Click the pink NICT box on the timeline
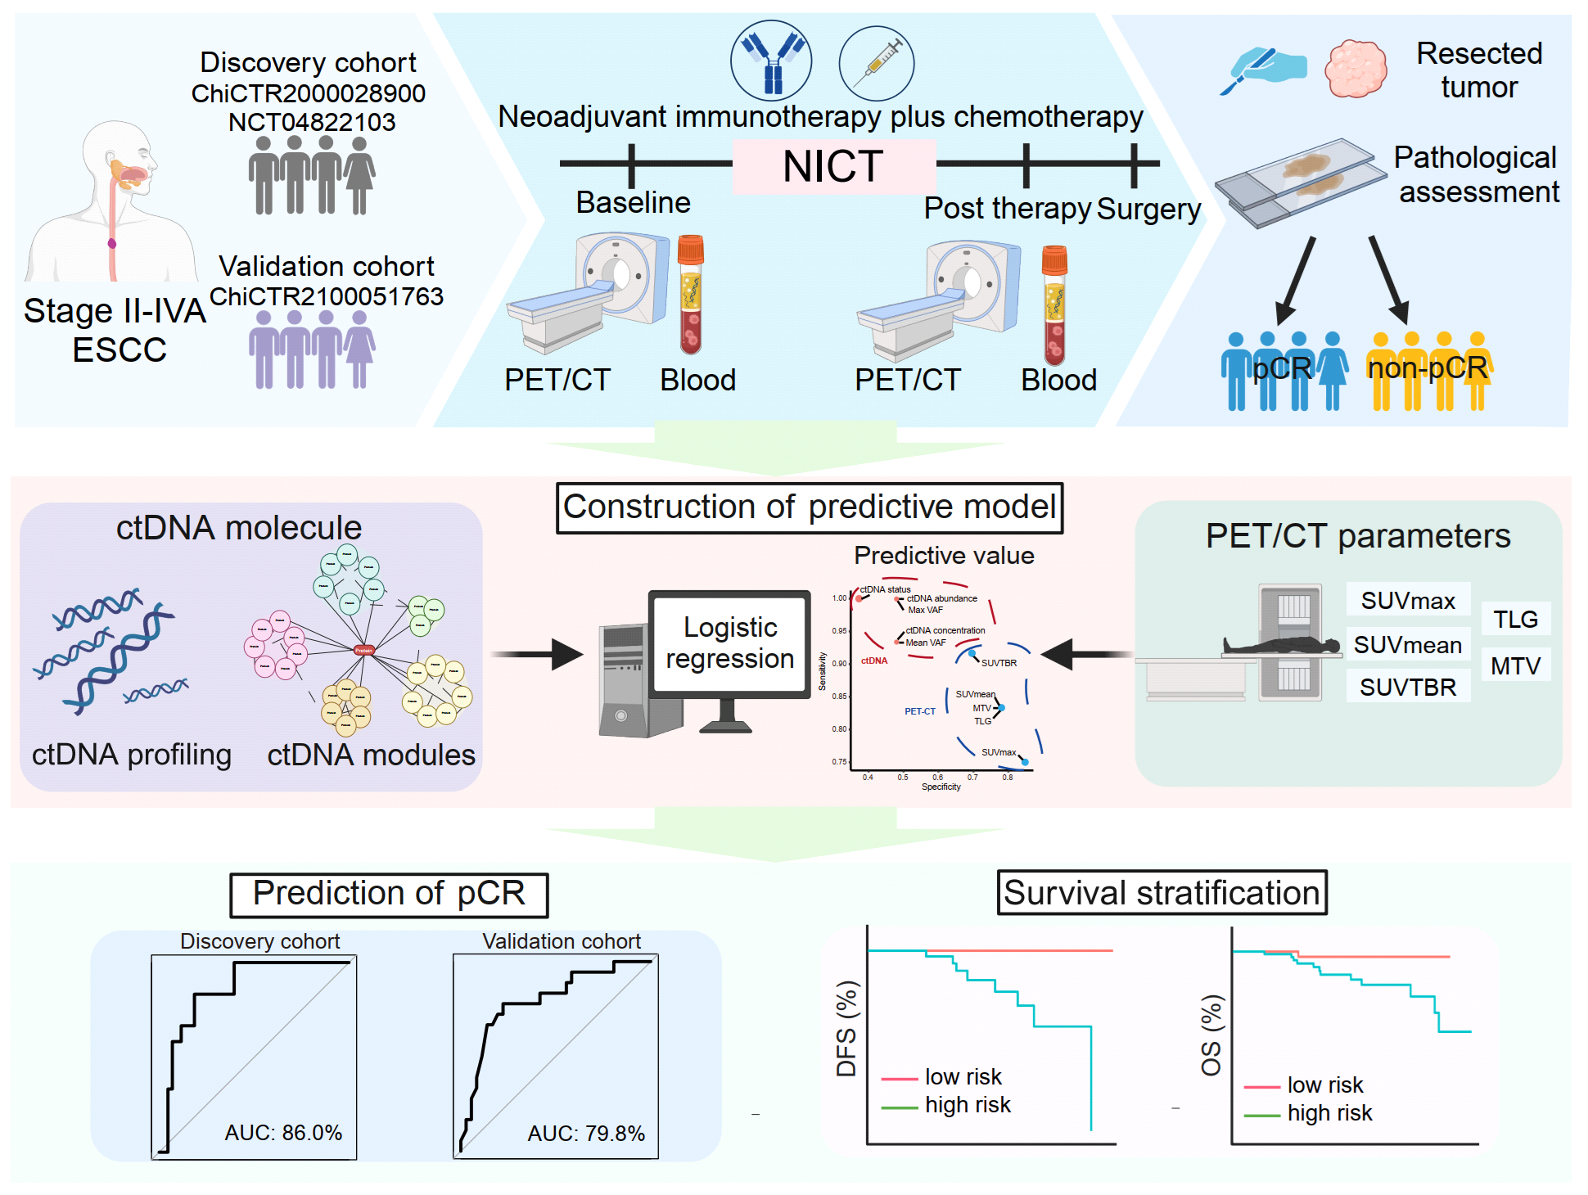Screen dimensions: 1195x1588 pyautogui.click(x=833, y=166)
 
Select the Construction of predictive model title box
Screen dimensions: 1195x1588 pyautogui.click(x=810, y=507)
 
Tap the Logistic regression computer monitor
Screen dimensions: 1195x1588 pyautogui.click(x=729, y=644)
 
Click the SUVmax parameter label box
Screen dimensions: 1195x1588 pyautogui.click(x=1408, y=600)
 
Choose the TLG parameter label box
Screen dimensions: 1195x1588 pyautogui.click(x=1515, y=619)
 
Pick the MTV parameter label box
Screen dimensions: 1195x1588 pyautogui.click(x=1515, y=665)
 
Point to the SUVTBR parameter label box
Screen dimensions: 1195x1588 pyautogui.click(x=1408, y=687)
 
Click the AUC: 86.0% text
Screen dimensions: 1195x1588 pyautogui.click(x=283, y=1132)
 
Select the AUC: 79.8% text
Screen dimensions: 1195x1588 pyautogui.click(x=586, y=1133)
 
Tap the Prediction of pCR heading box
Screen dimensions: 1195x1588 pyautogui.click(x=389, y=894)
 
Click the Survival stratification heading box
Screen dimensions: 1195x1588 pyautogui.click(x=1162, y=892)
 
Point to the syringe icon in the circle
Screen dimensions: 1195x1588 pyautogui.click(x=877, y=62)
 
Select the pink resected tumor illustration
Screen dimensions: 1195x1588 pyautogui.click(x=1356, y=69)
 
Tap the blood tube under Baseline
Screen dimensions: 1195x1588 pyautogui.click(x=691, y=295)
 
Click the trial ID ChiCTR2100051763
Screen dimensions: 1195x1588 pyautogui.click(x=327, y=296)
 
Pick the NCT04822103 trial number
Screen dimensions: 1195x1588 pyautogui.click(x=312, y=122)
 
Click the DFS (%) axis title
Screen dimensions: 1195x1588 pyautogui.click(x=846, y=1029)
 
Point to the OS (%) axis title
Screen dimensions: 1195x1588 pyautogui.click(x=1211, y=1035)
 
